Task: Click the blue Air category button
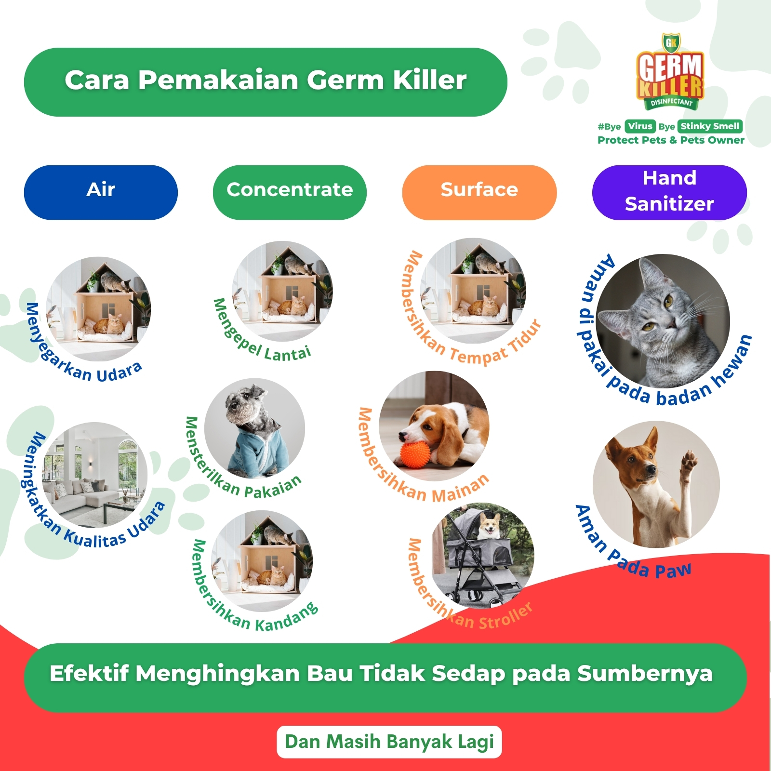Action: tap(101, 192)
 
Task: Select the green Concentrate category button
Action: tap(290, 192)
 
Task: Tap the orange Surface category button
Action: tap(479, 192)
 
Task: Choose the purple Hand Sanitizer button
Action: tap(669, 192)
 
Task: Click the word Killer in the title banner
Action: tap(429, 80)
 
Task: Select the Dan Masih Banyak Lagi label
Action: tap(389, 742)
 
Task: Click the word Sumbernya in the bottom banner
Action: tap(645, 674)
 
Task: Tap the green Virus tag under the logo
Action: tap(640, 126)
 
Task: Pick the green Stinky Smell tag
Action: tap(710, 126)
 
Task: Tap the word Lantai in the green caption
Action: tap(288, 353)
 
